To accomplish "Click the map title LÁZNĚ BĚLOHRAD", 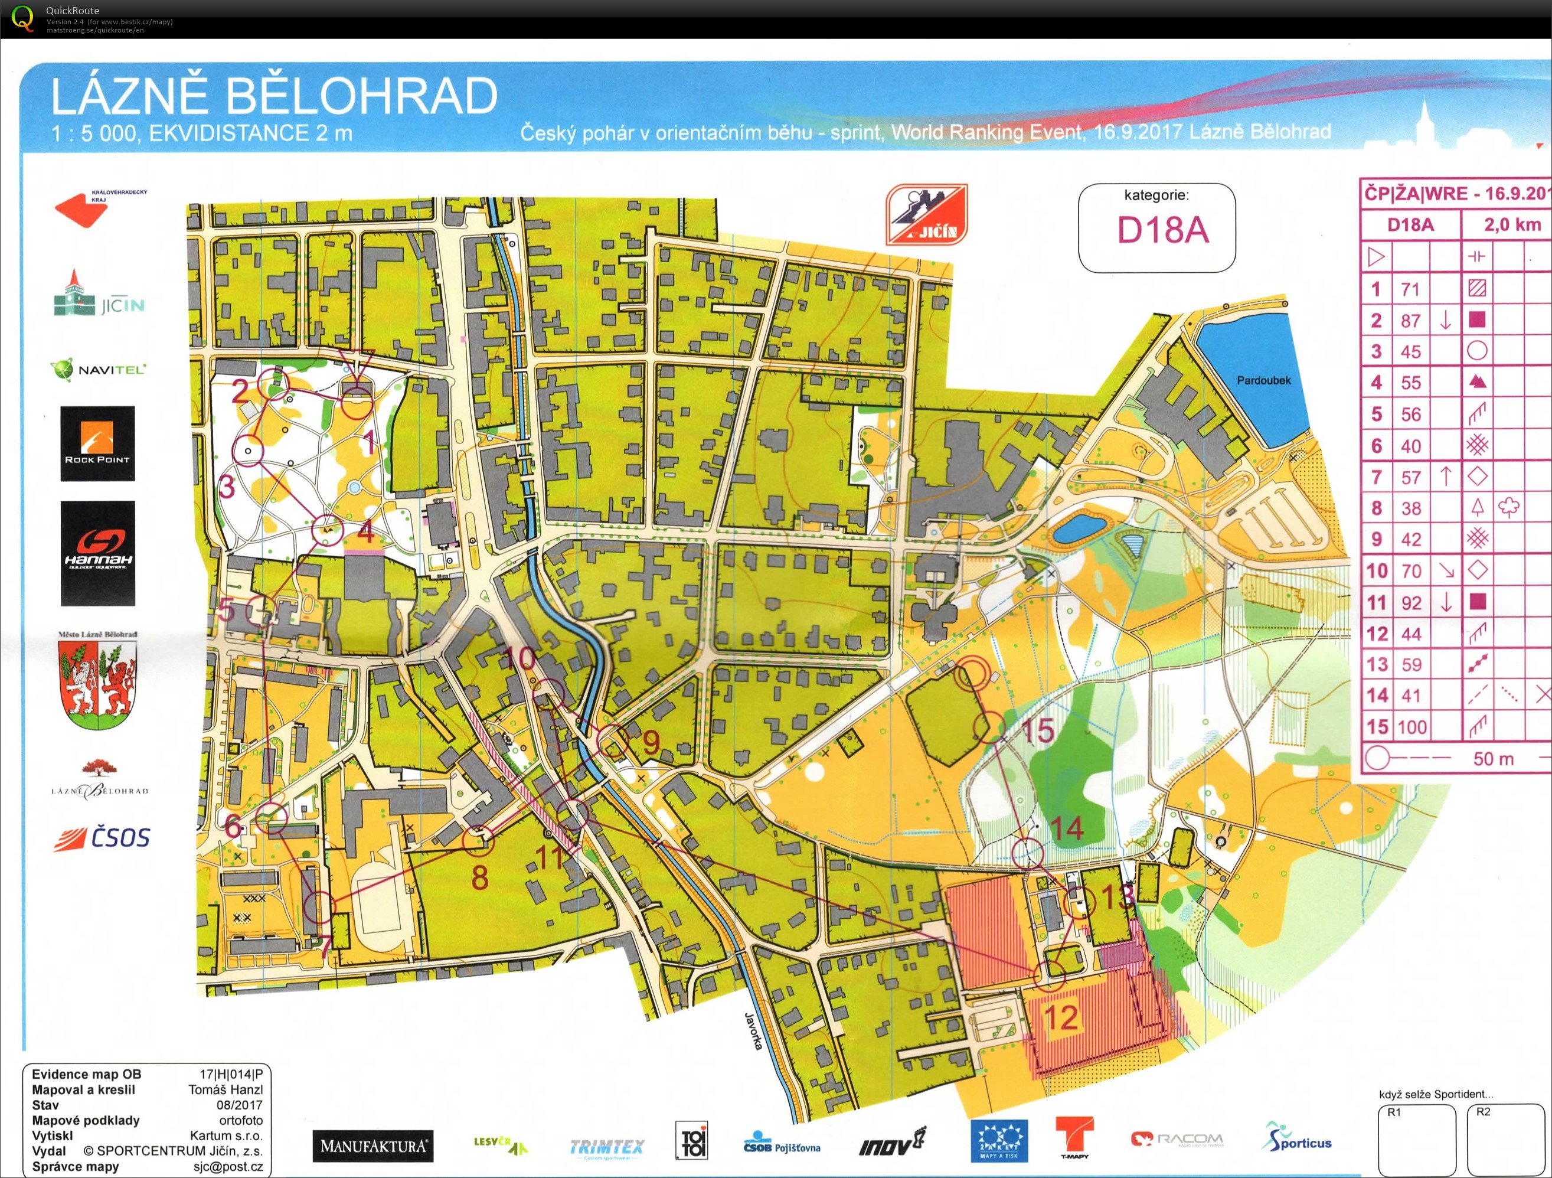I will (x=274, y=96).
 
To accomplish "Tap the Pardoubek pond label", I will (x=1263, y=380).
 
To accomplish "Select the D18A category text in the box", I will (x=1162, y=230).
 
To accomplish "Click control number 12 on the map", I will (x=1060, y=1017).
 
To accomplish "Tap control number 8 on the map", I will (x=479, y=877).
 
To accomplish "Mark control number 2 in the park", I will (x=240, y=391).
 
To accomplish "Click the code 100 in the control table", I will (x=1411, y=727).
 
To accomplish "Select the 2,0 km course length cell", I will (x=1512, y=224).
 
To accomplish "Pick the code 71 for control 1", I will (x=1410, y=289).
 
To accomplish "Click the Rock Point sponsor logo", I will (x=97, y=443).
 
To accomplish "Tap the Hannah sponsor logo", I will (x=97, y=553).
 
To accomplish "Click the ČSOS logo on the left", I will (x=103, y=838).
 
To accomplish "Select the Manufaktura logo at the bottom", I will (x=373, y=1146).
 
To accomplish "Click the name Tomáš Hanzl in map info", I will (x=226, y=1089).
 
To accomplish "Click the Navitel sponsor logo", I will (x=97, y=370).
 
